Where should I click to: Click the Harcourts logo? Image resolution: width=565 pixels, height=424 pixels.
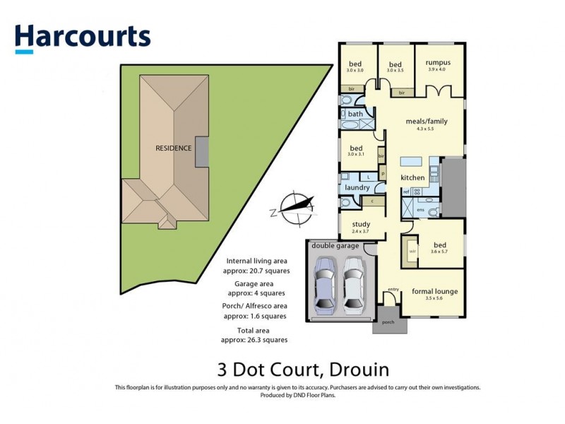83,37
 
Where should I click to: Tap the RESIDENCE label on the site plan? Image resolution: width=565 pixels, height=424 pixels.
174,148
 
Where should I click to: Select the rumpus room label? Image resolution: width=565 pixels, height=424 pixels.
439,62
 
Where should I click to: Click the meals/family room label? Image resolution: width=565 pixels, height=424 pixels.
426,121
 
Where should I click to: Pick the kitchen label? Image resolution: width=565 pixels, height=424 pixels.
412,177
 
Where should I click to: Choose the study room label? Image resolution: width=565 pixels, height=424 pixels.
360,224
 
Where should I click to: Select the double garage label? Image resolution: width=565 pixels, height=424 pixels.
332,246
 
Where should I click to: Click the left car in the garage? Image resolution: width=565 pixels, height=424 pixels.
325,284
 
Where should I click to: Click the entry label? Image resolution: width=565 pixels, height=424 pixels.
393,288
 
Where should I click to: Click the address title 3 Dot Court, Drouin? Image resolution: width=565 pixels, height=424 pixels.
302,370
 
